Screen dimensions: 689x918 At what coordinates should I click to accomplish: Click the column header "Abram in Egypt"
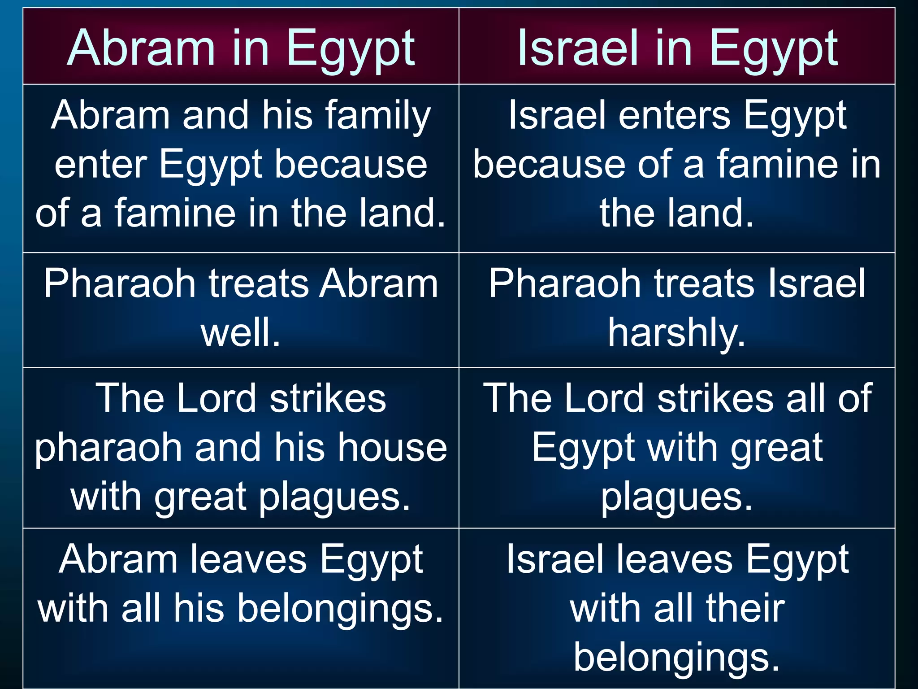(241, 48)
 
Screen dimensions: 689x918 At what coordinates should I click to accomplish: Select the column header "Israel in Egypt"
(677, 48)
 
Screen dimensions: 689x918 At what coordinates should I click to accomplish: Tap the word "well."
(241, 332)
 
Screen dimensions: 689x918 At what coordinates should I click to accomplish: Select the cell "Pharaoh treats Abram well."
(241, 310)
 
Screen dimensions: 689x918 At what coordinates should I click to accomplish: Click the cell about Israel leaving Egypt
(677, 608)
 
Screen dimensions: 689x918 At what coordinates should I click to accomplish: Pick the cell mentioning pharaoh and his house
(241, 447)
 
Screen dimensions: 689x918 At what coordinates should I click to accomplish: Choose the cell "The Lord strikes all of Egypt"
(677, 447)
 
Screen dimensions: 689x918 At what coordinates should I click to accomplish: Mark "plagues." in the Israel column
(677, 497)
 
